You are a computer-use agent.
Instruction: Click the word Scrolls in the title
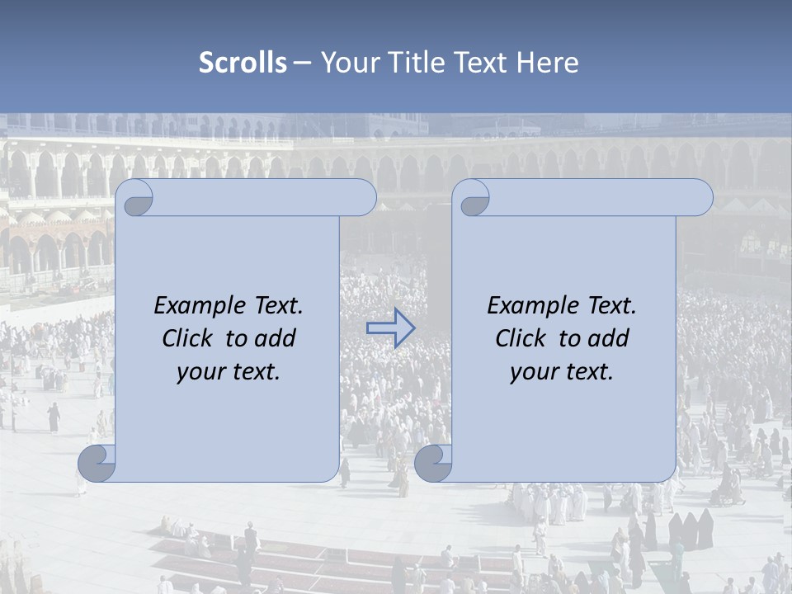click(x=243, y=63)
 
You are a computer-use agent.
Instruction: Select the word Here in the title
click(x=548, y=63)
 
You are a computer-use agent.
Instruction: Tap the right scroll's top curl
click(x=474, y=198)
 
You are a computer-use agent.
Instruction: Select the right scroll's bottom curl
click(x=433, y=464)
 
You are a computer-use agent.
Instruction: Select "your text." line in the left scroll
click(x=229, y=371)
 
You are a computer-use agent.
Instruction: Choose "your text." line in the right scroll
click(x=562, y=371)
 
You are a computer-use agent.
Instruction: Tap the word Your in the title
click(x=346, y=63)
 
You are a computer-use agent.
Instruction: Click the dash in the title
click(x=302, y=63)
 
